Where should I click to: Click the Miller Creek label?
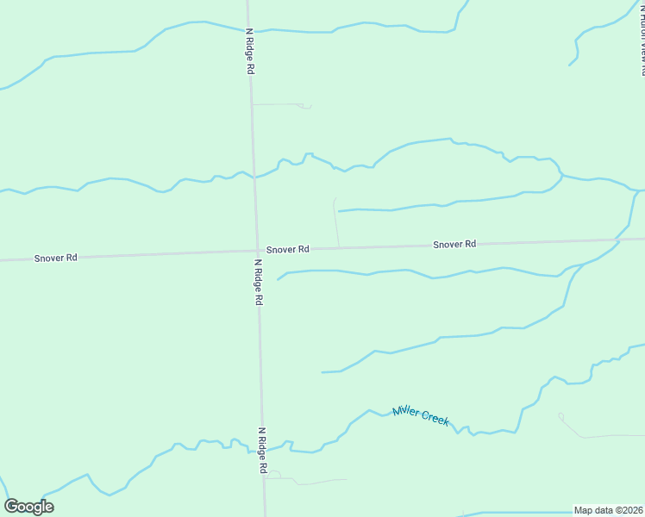(x=421, y=415)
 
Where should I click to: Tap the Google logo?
(x=28, y=507)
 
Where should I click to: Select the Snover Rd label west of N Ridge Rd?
(x=56, y=258)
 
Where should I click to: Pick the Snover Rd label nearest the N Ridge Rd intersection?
(x=287, y=249)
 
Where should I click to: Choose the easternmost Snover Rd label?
(x=454, y=244)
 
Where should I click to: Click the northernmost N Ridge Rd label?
(x=249, y=51)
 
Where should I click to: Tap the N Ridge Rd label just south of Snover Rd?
(x=257, y=283)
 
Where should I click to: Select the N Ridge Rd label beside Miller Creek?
(x=262, y=450)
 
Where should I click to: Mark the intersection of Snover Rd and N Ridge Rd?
(x=256, y=252)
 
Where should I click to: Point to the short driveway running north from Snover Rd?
(x=335, y=222)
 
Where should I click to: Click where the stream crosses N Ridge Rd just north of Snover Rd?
(x=254, y=176)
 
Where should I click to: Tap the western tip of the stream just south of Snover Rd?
(x=278, y=279)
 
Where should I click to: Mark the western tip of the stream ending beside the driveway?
(x=339, y=210)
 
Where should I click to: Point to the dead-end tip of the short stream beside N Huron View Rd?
(x=569, y=65)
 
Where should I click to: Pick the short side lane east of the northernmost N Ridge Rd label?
(x=280, y=104)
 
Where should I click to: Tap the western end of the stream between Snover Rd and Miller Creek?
(x=322, y=372)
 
